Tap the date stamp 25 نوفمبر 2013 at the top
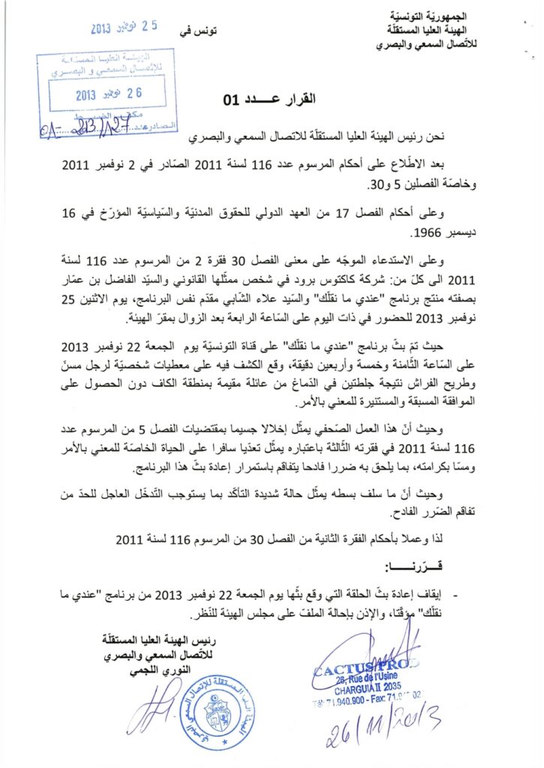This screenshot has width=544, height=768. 125,29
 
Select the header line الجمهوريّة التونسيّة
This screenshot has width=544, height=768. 430,16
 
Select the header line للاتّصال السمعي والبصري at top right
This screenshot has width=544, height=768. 429,43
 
